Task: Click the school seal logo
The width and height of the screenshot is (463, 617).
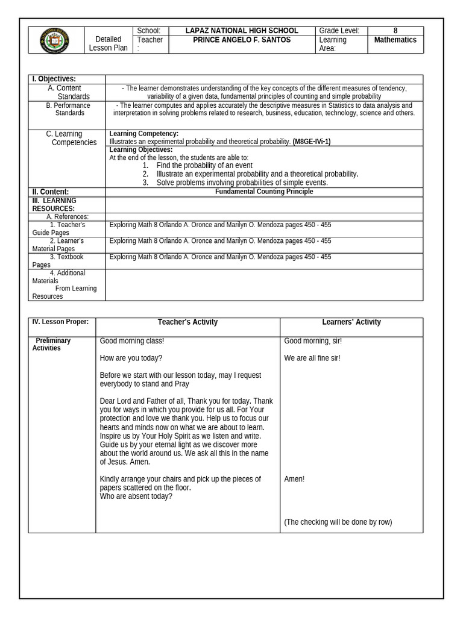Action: (x=54, y=40)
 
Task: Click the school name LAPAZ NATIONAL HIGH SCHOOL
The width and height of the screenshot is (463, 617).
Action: (x=242, y=31)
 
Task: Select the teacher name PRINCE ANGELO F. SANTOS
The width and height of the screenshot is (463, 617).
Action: (x=242, y=40)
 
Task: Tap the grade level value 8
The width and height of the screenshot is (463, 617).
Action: (x=395, y=31)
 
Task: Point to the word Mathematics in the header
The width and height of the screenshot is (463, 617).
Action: (x=395, y=40)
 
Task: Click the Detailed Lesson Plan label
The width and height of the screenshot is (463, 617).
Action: (x=109, y=43)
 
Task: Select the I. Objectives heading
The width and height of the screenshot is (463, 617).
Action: (x=54, y=79)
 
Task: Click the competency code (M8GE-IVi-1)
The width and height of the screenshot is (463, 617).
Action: (x=312, y=142)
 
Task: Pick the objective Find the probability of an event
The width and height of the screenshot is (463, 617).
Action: (x=204, y=165)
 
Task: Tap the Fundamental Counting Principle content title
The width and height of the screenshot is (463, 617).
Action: (x=264, y=192)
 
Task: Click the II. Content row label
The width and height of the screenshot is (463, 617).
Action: (x=51, y=192)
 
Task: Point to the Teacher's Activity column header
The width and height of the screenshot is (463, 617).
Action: (x=187, y=322)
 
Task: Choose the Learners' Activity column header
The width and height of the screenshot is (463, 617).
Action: (x=351, y=322)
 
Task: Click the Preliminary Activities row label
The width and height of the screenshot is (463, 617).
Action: (x=52, y=344)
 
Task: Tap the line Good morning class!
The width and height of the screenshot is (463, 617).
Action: (x=132, y=341)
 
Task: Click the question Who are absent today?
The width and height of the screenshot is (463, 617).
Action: (x=136, y=496)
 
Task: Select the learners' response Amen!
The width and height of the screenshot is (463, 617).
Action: (x=294, y=479)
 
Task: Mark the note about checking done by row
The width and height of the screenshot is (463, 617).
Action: (x=338, y=522)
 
